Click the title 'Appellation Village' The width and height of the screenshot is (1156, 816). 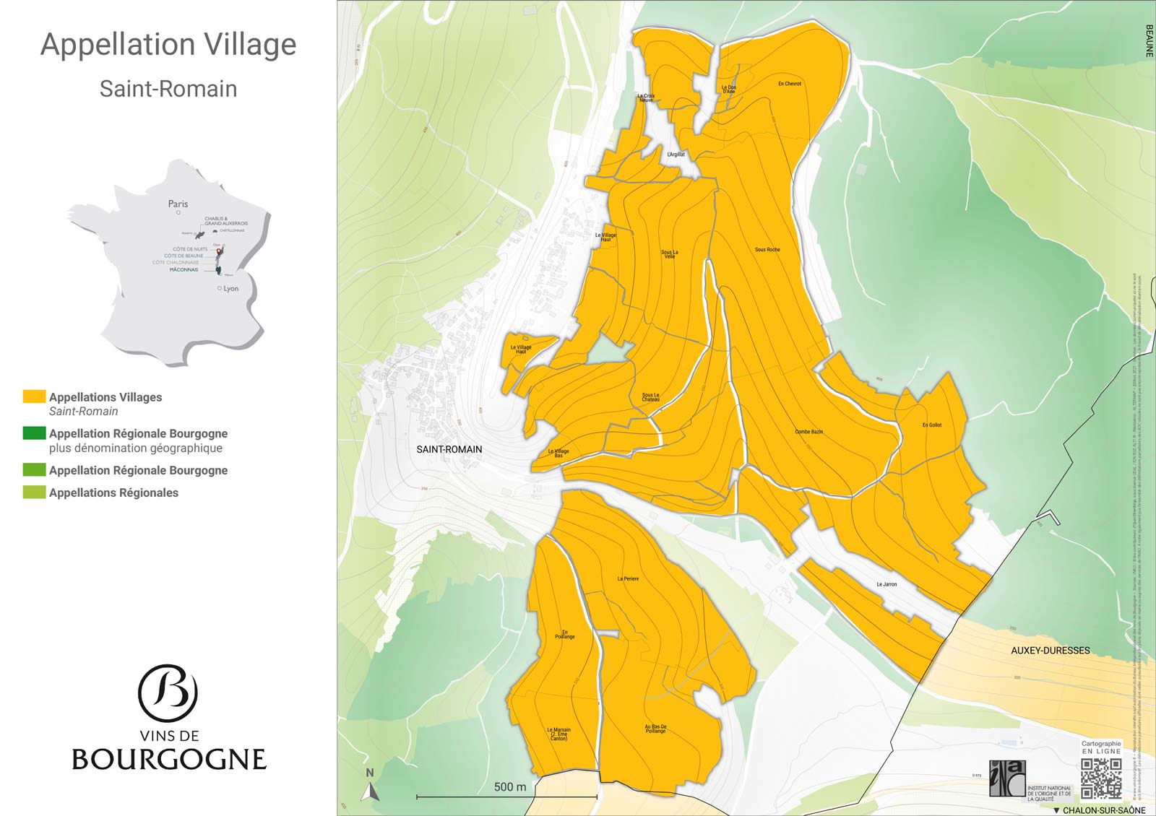tap(168, 45)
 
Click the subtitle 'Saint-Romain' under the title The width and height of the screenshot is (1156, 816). tap(168, 89)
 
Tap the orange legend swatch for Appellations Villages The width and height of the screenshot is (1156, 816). tap(34, 396)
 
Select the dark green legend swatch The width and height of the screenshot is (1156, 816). tap(34, 433)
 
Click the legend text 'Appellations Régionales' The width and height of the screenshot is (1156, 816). tap(113, 492)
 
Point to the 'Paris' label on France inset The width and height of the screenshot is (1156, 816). tap(178, 204)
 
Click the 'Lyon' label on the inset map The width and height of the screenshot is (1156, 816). tap(230, 288)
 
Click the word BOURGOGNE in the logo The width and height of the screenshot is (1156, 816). tap(169, 760)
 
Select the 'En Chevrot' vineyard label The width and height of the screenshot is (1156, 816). tap(789, 84)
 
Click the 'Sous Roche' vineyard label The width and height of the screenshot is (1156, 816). tap(767, 250)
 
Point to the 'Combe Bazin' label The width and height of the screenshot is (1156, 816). tap(808, 432)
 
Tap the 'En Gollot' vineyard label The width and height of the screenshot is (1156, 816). tap(932, 425)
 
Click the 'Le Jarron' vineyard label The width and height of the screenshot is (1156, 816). tap(887, 584)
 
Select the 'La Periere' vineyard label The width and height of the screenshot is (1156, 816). tap(628, 579)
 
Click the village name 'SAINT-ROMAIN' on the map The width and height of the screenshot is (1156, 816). tap(449, 449)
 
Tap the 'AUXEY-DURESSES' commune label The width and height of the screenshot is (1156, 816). tap(1050, 651)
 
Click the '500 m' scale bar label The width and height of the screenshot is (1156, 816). tap(509, 787)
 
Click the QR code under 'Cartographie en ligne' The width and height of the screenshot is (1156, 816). tap(1101, 778)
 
